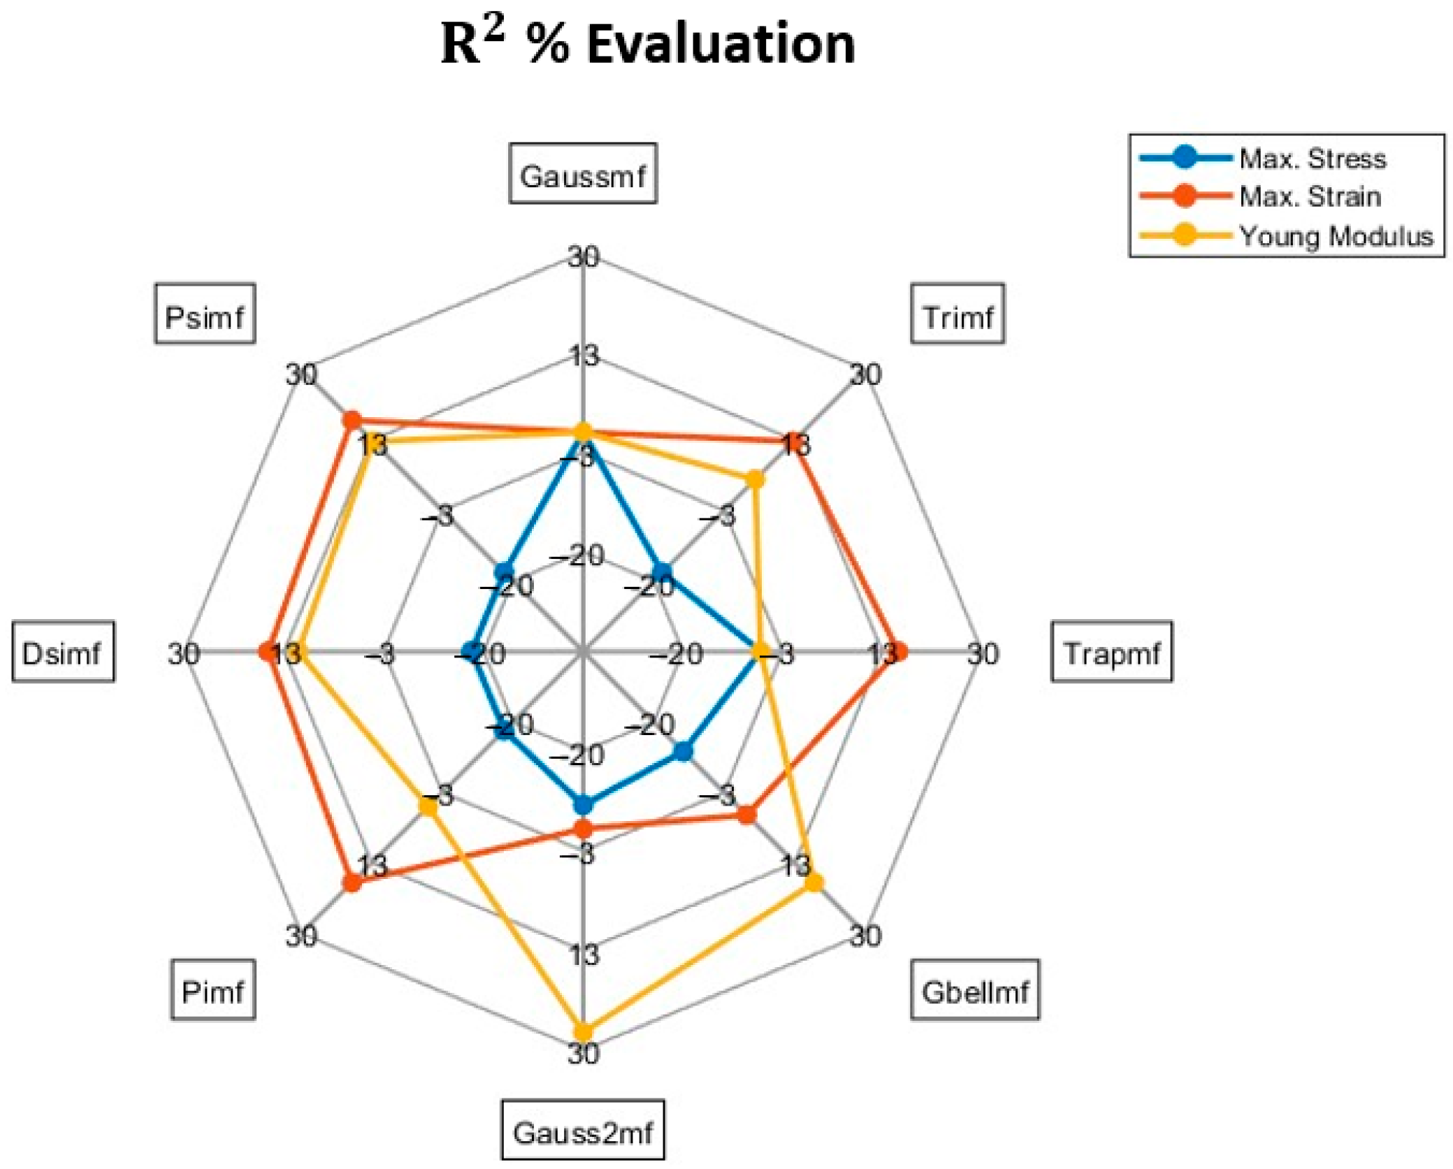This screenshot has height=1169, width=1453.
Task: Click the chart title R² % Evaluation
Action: click(648, 43)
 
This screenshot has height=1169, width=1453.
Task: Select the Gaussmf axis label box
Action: click(582, 174)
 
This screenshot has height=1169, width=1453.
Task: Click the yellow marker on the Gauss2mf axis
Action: click(582, 1031)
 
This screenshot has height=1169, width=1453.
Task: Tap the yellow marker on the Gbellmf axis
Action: click(814, 883)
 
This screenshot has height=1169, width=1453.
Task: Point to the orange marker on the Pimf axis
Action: click(352, 883)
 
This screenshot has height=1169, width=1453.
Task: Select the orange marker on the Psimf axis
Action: click(351, 420)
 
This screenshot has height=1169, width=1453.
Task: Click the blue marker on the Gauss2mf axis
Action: click(582, 806)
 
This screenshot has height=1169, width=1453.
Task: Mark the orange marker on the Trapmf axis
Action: click(899, 652)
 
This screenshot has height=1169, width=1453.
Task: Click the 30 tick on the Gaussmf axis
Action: click(583, 258)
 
